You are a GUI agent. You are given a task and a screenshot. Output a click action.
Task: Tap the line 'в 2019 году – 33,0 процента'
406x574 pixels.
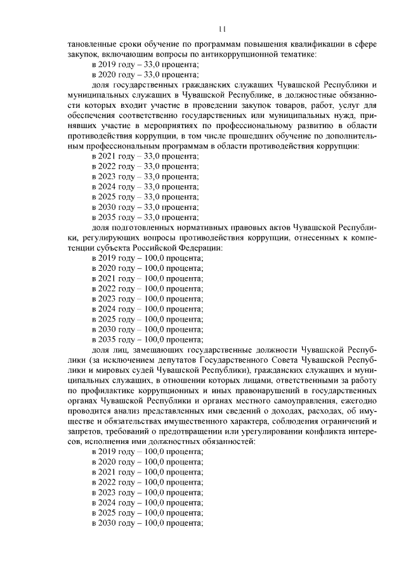[145, 65]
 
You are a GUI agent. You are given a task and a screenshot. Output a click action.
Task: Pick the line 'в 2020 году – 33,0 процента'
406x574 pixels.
[145, 75]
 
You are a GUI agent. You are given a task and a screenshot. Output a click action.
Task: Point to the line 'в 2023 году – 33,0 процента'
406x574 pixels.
[145, 176]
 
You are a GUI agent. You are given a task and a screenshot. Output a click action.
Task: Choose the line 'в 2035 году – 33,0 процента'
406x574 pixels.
[145, 217]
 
